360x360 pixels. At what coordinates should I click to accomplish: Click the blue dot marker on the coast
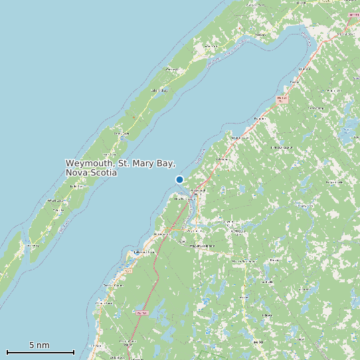click(179, 179)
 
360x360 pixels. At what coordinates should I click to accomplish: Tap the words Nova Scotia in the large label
click(91, 173)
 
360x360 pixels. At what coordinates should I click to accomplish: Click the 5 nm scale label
click(39, 345)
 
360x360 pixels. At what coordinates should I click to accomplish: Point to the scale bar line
click(40, 352)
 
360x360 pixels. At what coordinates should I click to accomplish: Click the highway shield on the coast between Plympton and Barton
click(282, 98)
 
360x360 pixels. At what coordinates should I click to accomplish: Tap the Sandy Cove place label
click(121, 134)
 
